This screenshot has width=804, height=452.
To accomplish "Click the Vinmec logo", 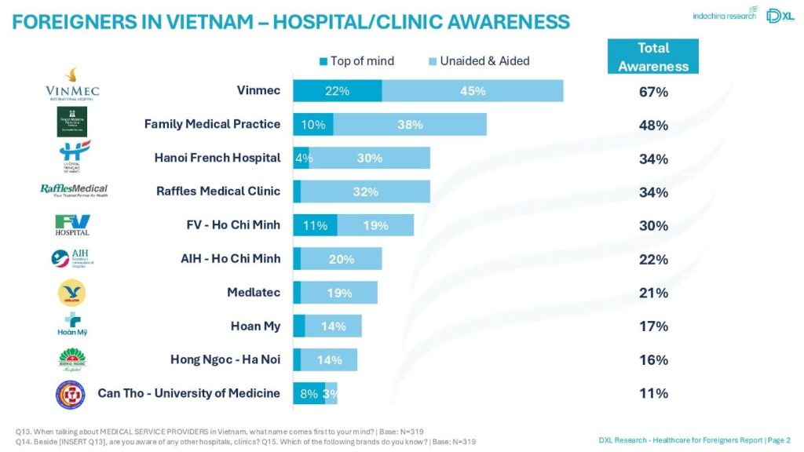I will click(x=73, y=85).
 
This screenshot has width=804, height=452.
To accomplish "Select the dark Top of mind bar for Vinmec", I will click(x=338, y=91).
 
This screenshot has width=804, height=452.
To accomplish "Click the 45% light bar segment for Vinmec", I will click(x=473, y=91).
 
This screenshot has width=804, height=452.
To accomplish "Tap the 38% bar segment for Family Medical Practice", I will click(x=410, y=125).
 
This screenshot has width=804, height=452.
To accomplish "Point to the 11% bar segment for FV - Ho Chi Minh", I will click(x=315, y=226).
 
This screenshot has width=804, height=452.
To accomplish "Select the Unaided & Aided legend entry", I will click(x=478, y=61).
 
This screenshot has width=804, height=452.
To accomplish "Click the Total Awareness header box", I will click(x=652, y=57).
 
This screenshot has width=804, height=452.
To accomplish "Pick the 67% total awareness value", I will click(x=652, y=93).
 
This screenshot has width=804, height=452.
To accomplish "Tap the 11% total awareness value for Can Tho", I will click(x=652, y=394).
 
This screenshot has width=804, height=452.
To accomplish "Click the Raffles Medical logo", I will click(x=74, y=191).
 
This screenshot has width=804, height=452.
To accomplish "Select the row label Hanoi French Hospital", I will click(x=217, y=158).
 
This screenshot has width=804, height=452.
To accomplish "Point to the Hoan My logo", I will click(x=72, y=324).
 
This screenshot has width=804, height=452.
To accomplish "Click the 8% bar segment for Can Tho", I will click(x=309, y=394).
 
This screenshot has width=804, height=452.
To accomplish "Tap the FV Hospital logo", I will click(x=72, y=225).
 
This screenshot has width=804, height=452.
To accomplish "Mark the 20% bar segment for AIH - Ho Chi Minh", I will click(x=342, y=260).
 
